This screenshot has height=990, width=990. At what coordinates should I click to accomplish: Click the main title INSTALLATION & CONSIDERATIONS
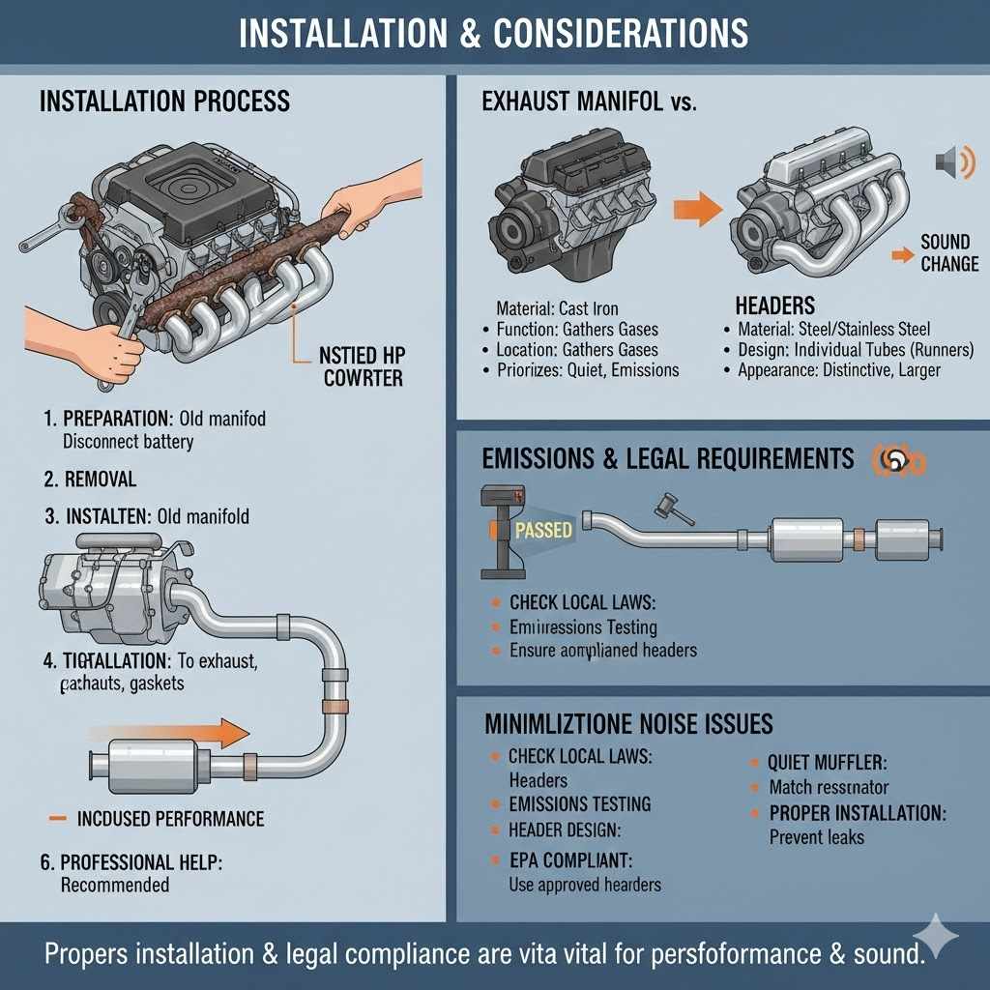[x=494, y=34]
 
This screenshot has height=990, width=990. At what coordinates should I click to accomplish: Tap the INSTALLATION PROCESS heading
[x=164, y=102]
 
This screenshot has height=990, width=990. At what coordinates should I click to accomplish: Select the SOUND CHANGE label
[x=948, y=253]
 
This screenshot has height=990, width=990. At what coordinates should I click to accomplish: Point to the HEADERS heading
[x=774, y=306]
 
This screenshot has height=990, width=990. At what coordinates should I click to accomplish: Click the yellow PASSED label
[x=542, y=530]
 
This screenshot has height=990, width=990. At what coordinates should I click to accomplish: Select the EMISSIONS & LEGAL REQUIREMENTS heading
[x=668, y=458]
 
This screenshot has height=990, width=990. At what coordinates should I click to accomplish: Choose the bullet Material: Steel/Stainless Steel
[x=832, y=330]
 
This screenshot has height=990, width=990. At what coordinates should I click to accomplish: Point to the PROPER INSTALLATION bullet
[x=857, y=812]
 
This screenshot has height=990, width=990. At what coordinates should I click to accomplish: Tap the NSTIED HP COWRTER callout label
[x=361, y=367]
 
